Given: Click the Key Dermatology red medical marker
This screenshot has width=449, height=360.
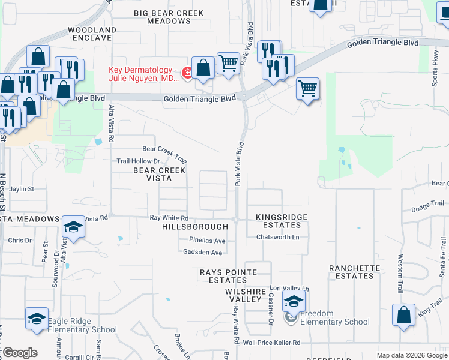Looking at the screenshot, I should (x=187, y=73).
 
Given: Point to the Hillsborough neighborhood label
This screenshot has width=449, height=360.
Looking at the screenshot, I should (x=194, y=227).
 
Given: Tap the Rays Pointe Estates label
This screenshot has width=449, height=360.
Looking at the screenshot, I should (x=228, y=276).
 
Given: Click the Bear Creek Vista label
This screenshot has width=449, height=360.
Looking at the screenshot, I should (x=152, y=174).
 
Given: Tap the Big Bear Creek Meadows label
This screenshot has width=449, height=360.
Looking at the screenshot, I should (x=169, y=17).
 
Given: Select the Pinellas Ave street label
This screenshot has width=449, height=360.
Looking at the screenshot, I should (x=207, y=240).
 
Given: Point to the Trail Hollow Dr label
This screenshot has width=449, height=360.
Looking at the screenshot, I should (x=138, y=161).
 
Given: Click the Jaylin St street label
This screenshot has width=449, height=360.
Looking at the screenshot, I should (x=22, y=188).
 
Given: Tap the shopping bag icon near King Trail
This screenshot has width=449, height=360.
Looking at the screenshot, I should (x=403, y=314).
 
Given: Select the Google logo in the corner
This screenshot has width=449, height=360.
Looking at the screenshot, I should (x=19, y=353).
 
